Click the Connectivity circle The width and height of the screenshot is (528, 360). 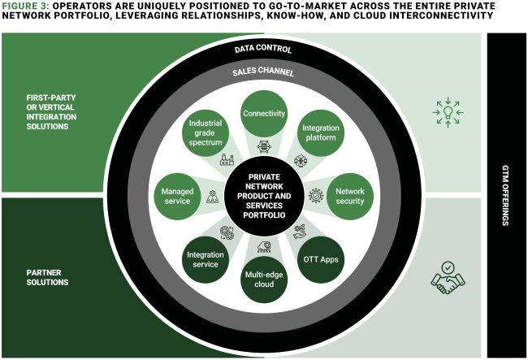pos(263,114)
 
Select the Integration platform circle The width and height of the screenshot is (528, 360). pos(320,135)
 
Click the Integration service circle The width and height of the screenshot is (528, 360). pos(205,259)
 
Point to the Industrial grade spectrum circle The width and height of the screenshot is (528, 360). pos(205,135)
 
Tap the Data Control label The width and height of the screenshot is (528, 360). pos(262,49)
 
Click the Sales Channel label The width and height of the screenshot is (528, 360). pos(262,72)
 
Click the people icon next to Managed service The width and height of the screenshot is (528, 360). pos(213,196)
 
